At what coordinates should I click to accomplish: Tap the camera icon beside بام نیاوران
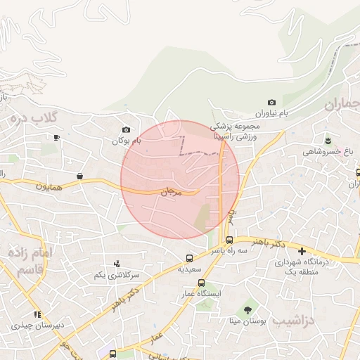(x=272, y=103)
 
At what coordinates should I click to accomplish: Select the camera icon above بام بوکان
(x=126, y=129)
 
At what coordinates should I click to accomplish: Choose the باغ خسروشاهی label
(x=327, y=151)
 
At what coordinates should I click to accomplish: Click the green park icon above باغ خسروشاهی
(x=327, y=139)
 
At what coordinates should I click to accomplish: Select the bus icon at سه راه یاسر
(x=229, y=240)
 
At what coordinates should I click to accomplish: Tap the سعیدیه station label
(x=189, y=269)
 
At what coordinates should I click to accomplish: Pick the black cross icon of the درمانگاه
(x=302, y=251)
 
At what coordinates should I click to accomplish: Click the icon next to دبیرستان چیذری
(x=37, y=314)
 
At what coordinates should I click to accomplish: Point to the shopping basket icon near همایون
(x=79, y=175)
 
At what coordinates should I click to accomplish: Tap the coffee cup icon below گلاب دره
(x=56, y=137)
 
